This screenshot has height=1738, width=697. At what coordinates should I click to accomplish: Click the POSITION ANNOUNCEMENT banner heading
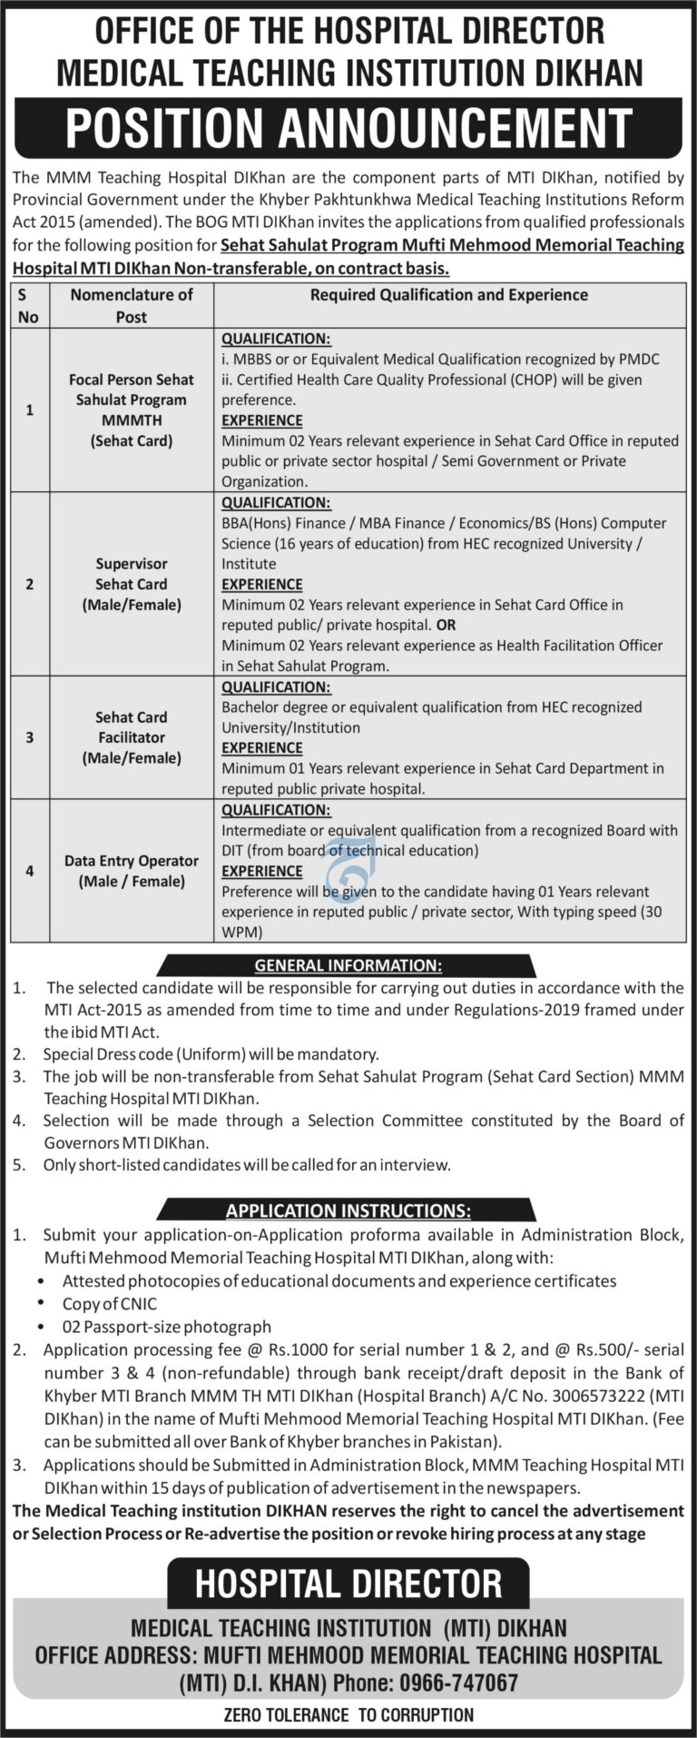point(348,127)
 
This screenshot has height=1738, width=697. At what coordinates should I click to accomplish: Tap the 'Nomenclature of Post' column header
point(132,305)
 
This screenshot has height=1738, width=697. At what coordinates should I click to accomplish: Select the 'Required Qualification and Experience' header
point(449,295)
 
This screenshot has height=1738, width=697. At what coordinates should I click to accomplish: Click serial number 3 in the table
point(30,737)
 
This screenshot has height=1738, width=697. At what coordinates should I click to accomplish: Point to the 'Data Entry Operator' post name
point(132,861)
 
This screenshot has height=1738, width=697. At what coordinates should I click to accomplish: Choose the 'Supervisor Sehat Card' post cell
point(132,584)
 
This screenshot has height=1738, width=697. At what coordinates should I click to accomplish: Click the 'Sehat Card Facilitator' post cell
point(132,737)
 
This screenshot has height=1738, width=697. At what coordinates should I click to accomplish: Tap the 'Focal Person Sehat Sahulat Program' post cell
point(132,410)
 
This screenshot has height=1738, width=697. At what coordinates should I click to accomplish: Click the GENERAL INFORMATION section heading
point(348,965)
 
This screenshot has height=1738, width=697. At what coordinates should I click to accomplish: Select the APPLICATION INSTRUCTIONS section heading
point(348,1210)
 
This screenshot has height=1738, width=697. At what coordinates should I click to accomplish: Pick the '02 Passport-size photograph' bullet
point(166,1327)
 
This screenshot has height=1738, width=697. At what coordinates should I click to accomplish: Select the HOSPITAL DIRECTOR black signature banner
point(348,1584)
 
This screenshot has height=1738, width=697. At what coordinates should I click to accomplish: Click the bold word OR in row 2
point(446,625)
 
